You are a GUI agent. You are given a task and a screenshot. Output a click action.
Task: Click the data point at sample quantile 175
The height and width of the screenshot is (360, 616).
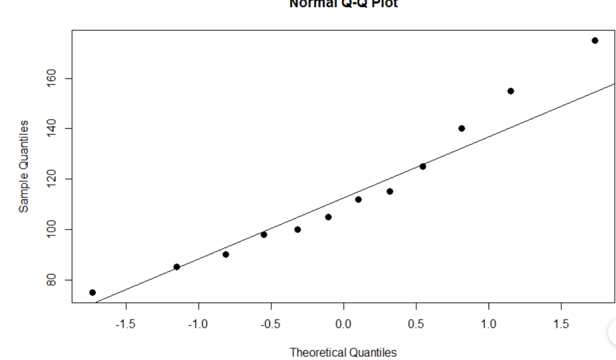click(x=595, y=40)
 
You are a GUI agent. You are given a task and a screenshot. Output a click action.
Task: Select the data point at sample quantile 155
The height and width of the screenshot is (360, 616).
click(x=511, y=91)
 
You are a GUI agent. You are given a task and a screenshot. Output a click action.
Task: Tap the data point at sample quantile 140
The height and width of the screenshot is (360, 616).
click(x=461, y=128)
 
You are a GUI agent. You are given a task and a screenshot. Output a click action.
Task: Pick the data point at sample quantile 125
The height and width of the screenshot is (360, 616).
click(x=423, y=166)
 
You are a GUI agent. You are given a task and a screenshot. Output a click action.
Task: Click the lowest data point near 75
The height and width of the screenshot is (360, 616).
click(x=92, y=293)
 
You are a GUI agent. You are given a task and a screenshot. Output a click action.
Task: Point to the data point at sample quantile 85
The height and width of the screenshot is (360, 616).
click(x=176, y=267)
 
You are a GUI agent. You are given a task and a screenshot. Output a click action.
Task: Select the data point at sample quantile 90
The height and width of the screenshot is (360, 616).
click(x=226, y=254)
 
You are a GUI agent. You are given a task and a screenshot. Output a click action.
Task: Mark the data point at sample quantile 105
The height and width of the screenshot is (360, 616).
click(x=328, y=217)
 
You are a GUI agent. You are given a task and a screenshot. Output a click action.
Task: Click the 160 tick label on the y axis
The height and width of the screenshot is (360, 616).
click(x=51, y=78)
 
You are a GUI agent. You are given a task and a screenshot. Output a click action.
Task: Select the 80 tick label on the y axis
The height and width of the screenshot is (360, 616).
click(x=51, y=280)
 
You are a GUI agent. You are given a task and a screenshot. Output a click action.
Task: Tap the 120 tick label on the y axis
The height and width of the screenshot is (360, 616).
click(x=51, y=179)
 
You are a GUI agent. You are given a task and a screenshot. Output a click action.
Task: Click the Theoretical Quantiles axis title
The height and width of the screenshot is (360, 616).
click(x=343, y=352)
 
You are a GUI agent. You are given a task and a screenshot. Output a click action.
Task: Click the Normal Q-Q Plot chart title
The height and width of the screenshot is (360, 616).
click(x=343, y=4)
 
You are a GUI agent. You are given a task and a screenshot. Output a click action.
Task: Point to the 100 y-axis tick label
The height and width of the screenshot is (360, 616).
click(x=51, y=229)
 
